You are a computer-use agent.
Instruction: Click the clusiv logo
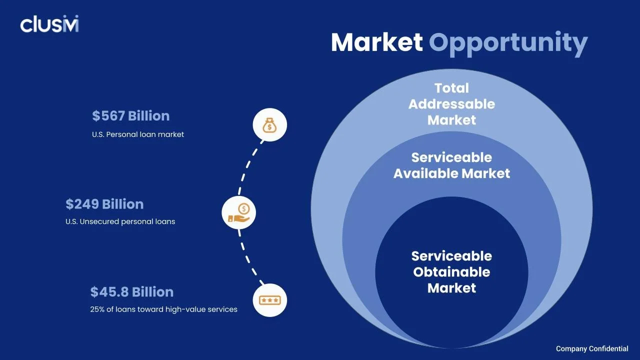point(49,24)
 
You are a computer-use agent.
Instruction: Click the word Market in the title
point(376,42)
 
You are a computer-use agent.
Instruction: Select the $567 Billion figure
point(131,116)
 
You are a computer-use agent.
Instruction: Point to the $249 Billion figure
point(104,204)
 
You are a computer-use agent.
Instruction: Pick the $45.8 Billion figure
point(132,292)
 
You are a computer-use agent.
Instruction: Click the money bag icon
point(269,124)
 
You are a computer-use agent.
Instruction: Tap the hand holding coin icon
point(238,212)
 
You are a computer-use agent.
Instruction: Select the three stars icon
point(270,300)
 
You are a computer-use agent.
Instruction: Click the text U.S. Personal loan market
point(138,134)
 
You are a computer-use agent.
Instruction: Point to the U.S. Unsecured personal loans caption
point(120,221)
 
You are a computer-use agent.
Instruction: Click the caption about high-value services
point(163,309)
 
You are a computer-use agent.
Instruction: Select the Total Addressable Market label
point(451,104)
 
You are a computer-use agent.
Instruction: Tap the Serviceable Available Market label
point(451,165)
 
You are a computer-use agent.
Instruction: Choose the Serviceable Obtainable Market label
point(451,272)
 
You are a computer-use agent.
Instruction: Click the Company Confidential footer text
point(592,348)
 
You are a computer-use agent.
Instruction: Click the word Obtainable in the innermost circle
point(451,272)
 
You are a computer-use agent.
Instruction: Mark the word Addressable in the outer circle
point(451,104)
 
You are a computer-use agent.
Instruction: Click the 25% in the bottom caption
point(97,309)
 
